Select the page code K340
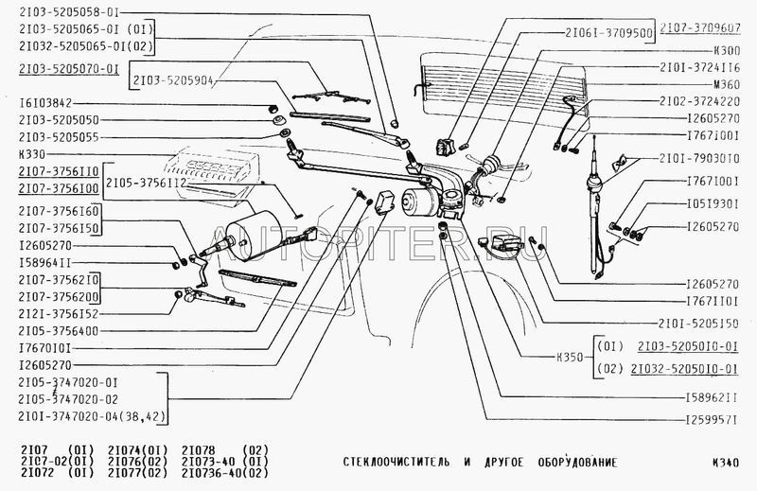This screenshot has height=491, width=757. pos(731,464)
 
